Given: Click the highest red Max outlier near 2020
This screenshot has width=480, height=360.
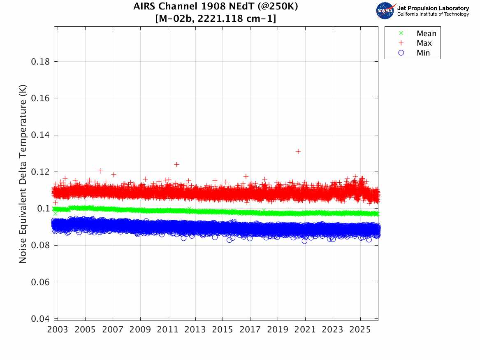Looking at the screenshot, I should (x=298, y=151).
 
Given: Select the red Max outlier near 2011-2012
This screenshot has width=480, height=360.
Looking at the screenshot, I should (x=176, y=164).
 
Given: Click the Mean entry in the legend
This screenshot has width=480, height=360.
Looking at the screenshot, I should (x=426, y=34).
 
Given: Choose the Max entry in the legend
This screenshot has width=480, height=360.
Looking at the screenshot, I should (x=424, y=43).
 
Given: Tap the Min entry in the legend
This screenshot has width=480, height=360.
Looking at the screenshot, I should (x=423, y=53).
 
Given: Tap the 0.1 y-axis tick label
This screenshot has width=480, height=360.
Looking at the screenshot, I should (x=43, y=209).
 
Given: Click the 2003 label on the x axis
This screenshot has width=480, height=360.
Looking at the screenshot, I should (x=58, y=330).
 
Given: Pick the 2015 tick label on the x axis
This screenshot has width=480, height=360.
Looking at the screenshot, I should (x=223, y=330).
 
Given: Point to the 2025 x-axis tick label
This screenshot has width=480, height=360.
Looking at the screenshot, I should (x=360, y=330).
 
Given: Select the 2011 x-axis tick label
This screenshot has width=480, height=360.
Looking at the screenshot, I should (x=168, y=330).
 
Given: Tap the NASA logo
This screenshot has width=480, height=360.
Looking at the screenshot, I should (x=385, y=10).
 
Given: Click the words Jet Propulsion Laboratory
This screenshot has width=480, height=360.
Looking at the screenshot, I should (x=433, y=8).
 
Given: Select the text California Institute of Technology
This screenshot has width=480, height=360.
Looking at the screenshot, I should (x=433, y=14).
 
